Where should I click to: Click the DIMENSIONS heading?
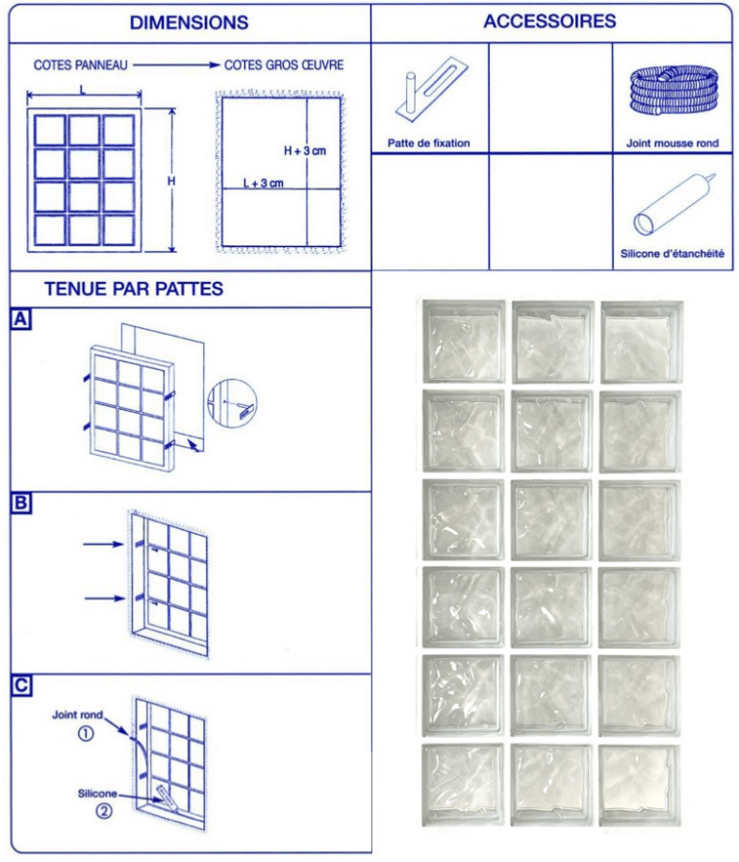(x=189, y=22)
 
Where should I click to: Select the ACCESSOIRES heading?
(x=549, y=20)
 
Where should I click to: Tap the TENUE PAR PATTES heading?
(x=134, y=288)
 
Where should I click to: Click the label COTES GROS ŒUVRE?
(x=284, y=65)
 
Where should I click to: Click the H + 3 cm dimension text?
(x=306, y=151)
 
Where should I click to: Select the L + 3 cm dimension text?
(x=263, y=183)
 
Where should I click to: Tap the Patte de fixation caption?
(x=429, y=143)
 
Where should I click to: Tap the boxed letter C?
(x=20, y=685)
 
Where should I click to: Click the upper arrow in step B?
(x=103, y=545)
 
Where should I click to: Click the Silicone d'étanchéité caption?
(x=672, y=255)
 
